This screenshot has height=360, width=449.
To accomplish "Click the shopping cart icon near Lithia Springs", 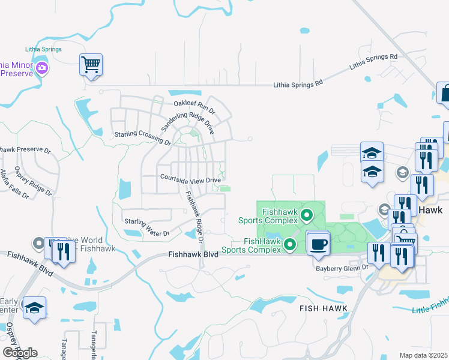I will (91, 64).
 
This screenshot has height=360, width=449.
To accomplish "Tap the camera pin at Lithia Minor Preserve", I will (42, 68).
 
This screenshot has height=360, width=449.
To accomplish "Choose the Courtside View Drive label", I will (190, 178).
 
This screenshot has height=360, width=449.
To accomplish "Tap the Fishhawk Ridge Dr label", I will (195, 217).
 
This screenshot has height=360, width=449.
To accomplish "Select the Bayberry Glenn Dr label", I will (342, 268).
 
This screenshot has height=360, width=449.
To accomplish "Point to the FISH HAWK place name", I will (322, 307).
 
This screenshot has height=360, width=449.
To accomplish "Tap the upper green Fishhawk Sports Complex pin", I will (307, 214).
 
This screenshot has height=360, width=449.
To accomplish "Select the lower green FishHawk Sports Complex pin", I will (290, 244).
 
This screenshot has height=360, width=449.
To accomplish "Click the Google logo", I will (20, 353).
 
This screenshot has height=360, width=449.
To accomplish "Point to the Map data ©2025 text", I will (424, 355).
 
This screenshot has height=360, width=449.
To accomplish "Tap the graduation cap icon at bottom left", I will (35, 308).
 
